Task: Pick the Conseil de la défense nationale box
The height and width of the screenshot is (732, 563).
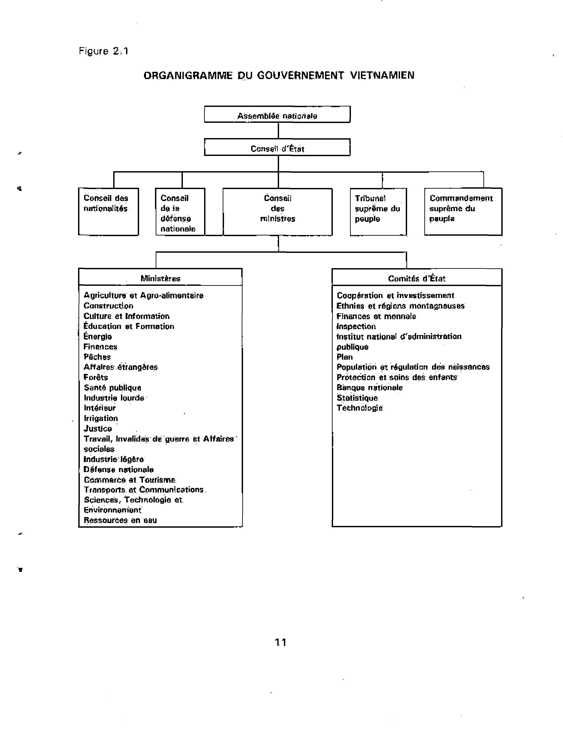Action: (x=180, y=212)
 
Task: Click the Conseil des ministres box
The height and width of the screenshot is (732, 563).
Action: (x=278, y=212)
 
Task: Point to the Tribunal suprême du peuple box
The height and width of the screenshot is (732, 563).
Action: (x=378, y=212)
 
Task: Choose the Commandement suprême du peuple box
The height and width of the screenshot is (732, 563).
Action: (x=463, y=212)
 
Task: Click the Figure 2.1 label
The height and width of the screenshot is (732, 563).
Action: (x=103, y=51)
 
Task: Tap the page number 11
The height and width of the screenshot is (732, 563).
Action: (x=280, y=642)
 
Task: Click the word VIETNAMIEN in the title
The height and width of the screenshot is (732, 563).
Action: (x=382, y=75)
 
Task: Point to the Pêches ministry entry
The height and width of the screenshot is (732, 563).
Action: (x=97, y=357)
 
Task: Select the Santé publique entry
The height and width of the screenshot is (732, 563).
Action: (x=113, y=388)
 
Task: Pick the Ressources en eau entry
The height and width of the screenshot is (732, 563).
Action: (x=120, y=520)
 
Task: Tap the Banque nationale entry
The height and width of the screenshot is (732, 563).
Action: (x=370, y=388)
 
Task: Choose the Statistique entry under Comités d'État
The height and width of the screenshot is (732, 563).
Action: (x=357, y=398)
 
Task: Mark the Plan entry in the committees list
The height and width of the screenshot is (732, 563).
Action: (x=345, y=357)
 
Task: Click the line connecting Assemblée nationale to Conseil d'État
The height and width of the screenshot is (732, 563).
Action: (x=278, y=131)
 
